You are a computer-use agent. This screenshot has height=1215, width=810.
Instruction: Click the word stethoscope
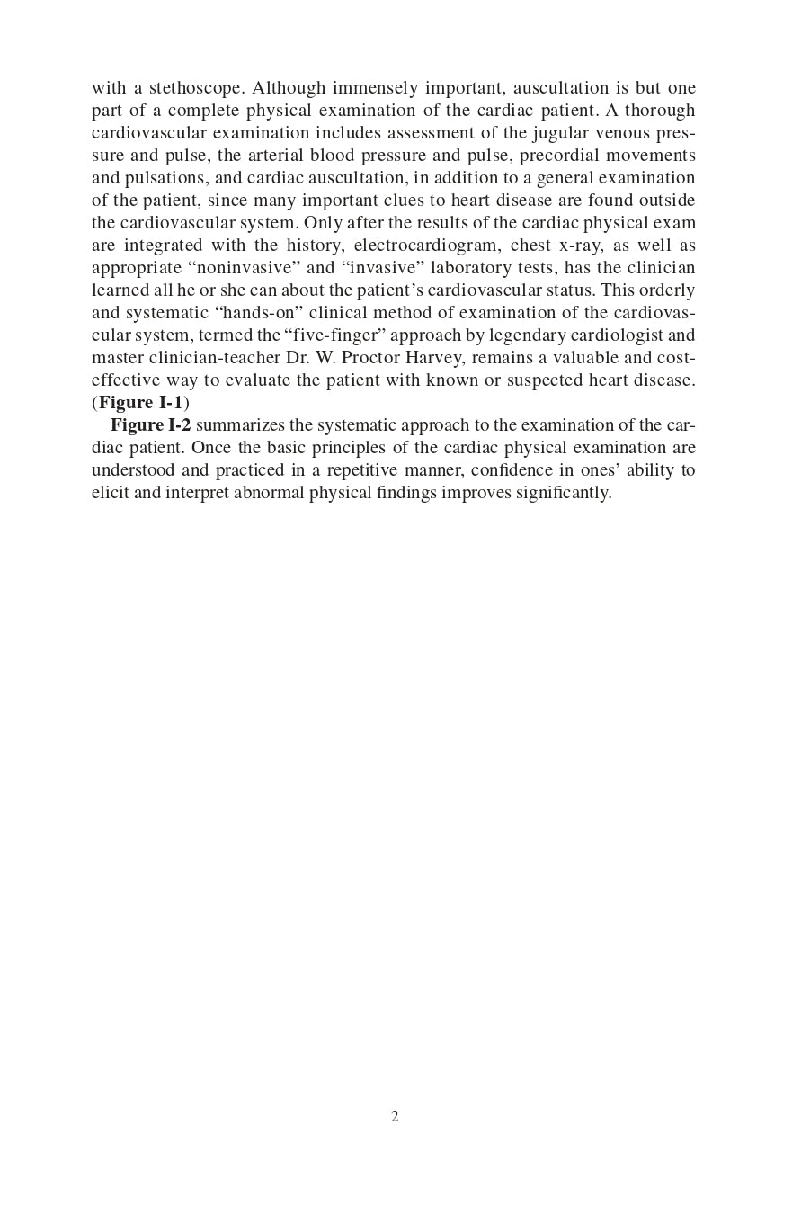(196, 88)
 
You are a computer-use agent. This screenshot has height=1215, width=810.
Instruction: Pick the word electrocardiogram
(428, 246)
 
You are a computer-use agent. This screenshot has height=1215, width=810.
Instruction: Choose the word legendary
(527, 335)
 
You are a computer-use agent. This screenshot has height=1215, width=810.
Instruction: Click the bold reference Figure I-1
(140, 403)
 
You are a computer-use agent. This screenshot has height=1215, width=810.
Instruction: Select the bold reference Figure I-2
(150, 425)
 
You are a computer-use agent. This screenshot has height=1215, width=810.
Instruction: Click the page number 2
(395, 1117)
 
